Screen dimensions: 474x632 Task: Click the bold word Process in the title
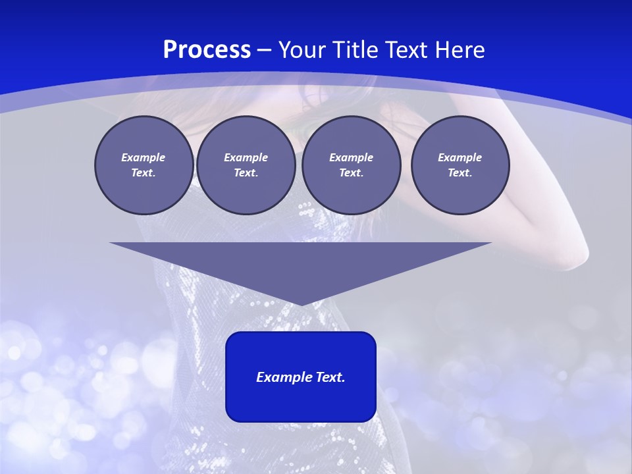coord(207,50)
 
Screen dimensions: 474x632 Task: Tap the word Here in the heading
coord(459,50)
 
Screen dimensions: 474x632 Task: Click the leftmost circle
coord(144,165)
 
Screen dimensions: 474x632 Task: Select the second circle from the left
coord(246,165)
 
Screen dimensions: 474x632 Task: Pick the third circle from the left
coord(351,165)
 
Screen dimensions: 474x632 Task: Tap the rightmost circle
coord(460,165)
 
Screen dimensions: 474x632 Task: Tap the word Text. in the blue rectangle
coord(329,377)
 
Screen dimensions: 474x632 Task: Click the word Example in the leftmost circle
coord(144,157)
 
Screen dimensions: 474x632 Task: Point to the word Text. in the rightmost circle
coord(460,173)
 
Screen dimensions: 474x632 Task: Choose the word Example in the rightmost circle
coord(460,157)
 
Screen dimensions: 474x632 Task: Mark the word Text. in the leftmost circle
coord(144,173)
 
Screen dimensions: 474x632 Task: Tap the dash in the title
coord(264,50)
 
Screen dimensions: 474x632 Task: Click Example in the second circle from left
coord(246,157)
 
